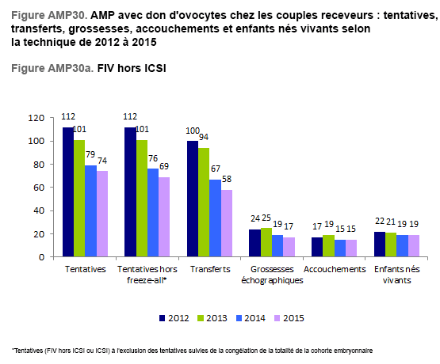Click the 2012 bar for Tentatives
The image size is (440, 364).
coord(68,191)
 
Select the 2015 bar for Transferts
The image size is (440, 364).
coord(227,223)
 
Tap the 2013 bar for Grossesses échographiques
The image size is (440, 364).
coord(266,242)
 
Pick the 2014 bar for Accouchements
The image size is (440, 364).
coord(340,248)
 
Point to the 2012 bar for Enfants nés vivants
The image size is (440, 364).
coord(380,245)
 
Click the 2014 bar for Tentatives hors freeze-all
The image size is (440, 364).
coord(153,213)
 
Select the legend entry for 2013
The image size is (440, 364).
coord(212,318)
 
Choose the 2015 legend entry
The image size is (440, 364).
coord(289,318)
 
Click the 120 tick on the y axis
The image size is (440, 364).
coord(36,118)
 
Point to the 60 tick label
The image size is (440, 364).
coord(39,188)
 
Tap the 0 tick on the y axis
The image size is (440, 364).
coord(41,256)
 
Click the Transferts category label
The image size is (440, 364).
coord(210,269)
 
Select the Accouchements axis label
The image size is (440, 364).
coord(335,269)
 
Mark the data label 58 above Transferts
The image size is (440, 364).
coord(227,179)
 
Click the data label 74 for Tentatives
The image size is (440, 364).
coord(102,161)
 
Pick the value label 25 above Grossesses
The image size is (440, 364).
coord(266,218)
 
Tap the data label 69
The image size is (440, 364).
coord(164,166)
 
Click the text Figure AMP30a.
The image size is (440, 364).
coord(52,68)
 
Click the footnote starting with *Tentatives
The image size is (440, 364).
coord(192,351)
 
